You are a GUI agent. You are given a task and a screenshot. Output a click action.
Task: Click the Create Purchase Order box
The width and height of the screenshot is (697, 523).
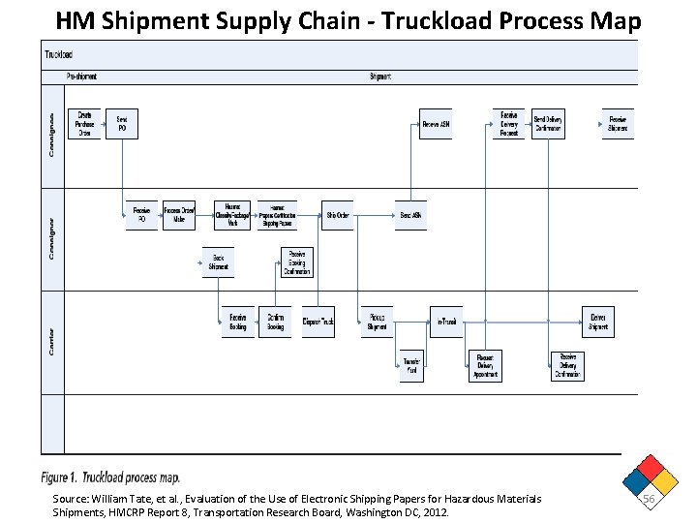pos(85,124)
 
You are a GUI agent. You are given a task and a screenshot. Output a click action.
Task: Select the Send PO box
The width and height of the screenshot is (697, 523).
pos(122,124)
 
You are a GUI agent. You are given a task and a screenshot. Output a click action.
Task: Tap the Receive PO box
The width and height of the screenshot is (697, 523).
pos(141,215)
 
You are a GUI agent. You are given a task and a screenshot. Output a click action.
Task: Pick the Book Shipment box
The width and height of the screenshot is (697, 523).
pos(219,263)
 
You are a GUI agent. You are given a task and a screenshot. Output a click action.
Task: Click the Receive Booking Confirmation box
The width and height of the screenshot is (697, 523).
pos(297,262)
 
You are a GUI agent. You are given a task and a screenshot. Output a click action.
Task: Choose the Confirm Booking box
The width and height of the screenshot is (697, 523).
pos(276,322)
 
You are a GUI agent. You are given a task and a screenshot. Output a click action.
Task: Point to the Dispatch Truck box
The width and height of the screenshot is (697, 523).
pos(318,322)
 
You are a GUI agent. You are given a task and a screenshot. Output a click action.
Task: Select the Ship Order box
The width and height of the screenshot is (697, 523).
pos(338,215)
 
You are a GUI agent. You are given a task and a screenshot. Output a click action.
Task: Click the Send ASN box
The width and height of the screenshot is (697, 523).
pos(410,215)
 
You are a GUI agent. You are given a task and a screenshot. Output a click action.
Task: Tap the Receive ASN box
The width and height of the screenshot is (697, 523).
pos(436,124)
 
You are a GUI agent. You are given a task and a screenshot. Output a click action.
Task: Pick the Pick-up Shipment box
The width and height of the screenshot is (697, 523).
pos(377,322)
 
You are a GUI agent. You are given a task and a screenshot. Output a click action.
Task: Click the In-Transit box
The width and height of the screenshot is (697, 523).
pos(446,322)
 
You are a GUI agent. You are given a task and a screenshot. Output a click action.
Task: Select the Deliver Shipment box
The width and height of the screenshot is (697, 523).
pos(598,322)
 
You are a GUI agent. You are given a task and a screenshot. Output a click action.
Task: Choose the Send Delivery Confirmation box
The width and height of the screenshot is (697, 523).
pos(548,124)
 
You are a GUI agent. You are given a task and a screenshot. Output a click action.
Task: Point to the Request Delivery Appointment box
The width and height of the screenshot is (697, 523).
pos(486,367)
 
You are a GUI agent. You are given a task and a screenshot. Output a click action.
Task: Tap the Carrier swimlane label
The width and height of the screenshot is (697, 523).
pos(51,338)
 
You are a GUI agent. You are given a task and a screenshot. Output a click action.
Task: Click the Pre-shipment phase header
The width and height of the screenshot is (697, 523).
pos(81,76)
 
